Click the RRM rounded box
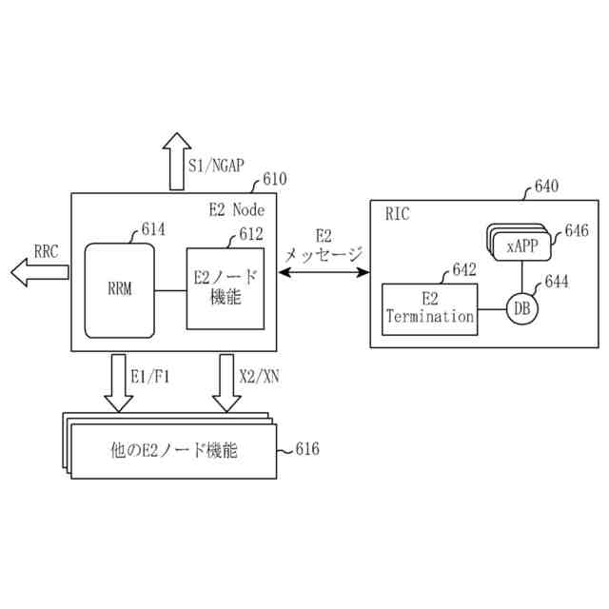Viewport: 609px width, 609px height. (x=119, y=290)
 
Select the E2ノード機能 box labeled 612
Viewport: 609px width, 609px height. (x=225, y=287)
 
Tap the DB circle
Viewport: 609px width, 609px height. (x=521, y=308)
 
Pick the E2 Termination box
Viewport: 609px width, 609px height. (x=430, y=308)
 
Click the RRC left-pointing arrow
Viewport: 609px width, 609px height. (x=39, y=273)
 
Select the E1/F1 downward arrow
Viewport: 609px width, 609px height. (x=120, y=381)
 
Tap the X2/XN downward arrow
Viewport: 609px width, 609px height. (x=226, y=381)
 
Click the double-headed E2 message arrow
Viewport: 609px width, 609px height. (x=324, y=273)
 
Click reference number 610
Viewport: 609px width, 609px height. (x=274, y=178)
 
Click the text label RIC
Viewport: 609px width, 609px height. (x=398, y=214)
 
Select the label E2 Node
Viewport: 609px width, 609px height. (x=236, y=209)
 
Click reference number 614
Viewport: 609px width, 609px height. (x=152, y=228)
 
